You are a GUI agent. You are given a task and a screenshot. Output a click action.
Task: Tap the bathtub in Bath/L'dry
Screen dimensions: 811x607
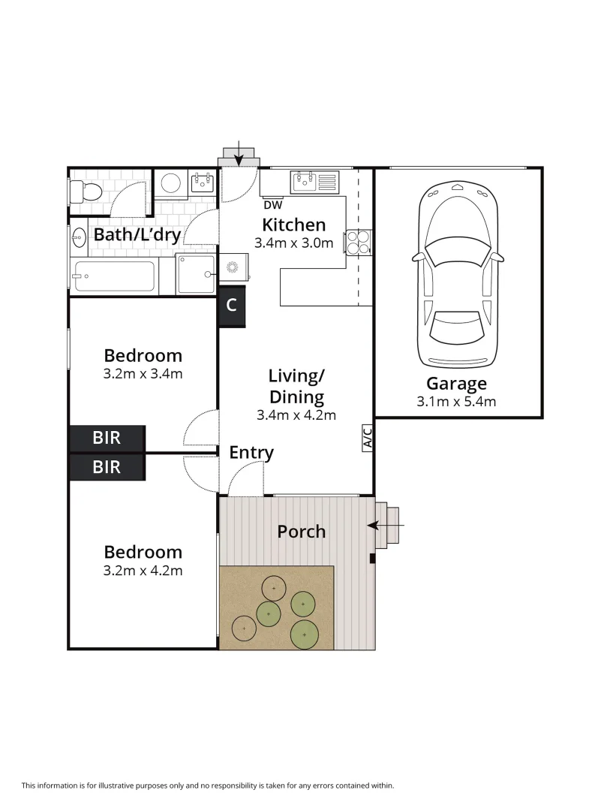[113, 277]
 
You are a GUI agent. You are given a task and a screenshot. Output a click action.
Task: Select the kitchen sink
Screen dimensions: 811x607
[315, 180]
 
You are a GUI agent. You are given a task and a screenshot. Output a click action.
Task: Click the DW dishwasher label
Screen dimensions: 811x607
[272, 204]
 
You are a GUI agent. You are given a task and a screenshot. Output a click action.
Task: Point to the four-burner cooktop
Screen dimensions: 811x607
[357, 242]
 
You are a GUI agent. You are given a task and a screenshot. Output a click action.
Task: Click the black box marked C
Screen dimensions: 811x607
[232, 306]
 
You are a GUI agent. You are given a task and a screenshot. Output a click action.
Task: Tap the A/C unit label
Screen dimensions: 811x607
[367, 439]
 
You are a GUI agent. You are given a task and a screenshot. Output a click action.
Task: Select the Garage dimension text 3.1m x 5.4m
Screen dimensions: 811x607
[456, 401]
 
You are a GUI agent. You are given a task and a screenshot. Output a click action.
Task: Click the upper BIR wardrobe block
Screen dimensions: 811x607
[107, 439]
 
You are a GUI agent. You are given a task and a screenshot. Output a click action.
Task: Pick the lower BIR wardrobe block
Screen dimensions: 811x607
[107, 467]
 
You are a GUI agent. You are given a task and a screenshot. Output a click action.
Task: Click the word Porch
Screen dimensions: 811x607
[302, 532]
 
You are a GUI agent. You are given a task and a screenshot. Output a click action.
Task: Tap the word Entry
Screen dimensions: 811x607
[251, 453]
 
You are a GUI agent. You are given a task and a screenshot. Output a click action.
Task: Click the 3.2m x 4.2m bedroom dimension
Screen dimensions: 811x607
[143, 570]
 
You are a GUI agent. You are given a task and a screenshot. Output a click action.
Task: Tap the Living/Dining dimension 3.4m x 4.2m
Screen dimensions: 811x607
[296, 415]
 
